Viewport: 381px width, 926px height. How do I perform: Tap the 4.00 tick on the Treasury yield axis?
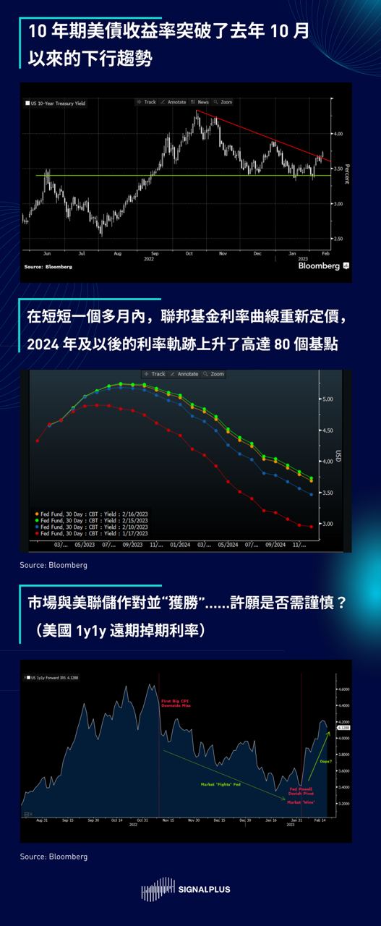[336, 134]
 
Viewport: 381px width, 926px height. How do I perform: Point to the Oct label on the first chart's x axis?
[189, 254]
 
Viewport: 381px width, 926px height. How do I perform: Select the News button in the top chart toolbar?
[202, 102]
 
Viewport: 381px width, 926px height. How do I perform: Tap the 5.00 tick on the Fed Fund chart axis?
[328, 399]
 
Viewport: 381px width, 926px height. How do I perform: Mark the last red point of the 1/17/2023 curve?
[312, 527]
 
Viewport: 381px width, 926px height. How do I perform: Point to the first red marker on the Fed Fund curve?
[37, 440]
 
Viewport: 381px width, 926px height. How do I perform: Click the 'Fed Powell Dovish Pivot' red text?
[299, 791]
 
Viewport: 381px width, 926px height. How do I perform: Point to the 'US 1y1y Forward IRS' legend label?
[56, 678]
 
